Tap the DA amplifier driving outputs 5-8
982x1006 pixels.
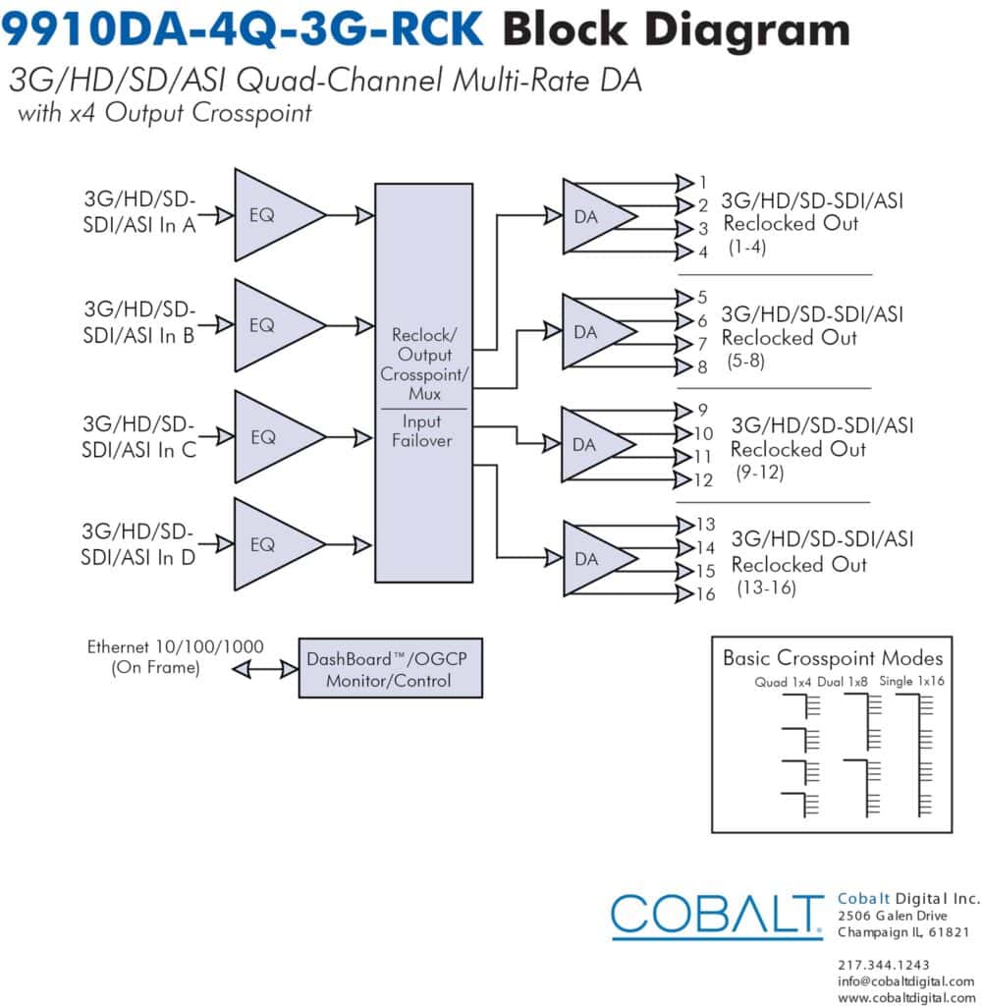point(593,332)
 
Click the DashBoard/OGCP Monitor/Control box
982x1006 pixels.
point(391,668)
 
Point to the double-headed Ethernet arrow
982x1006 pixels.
point(265,670)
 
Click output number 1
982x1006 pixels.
point(703,183)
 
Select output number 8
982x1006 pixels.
point(702,367)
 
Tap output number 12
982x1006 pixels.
point(704,479)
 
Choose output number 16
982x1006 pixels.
point(705,594)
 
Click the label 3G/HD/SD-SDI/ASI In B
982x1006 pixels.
point(138,322)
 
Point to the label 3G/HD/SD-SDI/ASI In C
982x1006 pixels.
point(138,437)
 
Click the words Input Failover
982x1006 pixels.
point(422,430)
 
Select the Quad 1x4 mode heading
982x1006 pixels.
point(783,682)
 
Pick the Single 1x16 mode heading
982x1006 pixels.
point(911,681)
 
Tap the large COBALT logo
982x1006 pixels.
point(717,916)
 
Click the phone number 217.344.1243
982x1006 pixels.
point(883,965)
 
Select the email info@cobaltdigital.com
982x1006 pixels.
point(905,981)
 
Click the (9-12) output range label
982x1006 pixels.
point(760,473)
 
